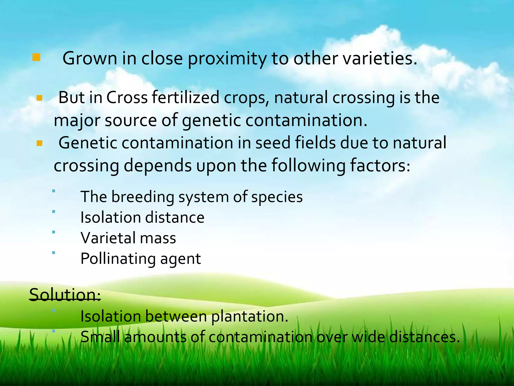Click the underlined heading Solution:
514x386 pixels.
tap(65, 295)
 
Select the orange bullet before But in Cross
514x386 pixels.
tap(39, 98)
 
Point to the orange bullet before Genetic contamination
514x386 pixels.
tap(39, 143)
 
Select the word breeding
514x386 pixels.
tap(143, 197)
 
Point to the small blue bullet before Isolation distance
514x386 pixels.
tap(53, 212)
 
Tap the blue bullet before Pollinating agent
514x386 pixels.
tap(53, 253)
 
